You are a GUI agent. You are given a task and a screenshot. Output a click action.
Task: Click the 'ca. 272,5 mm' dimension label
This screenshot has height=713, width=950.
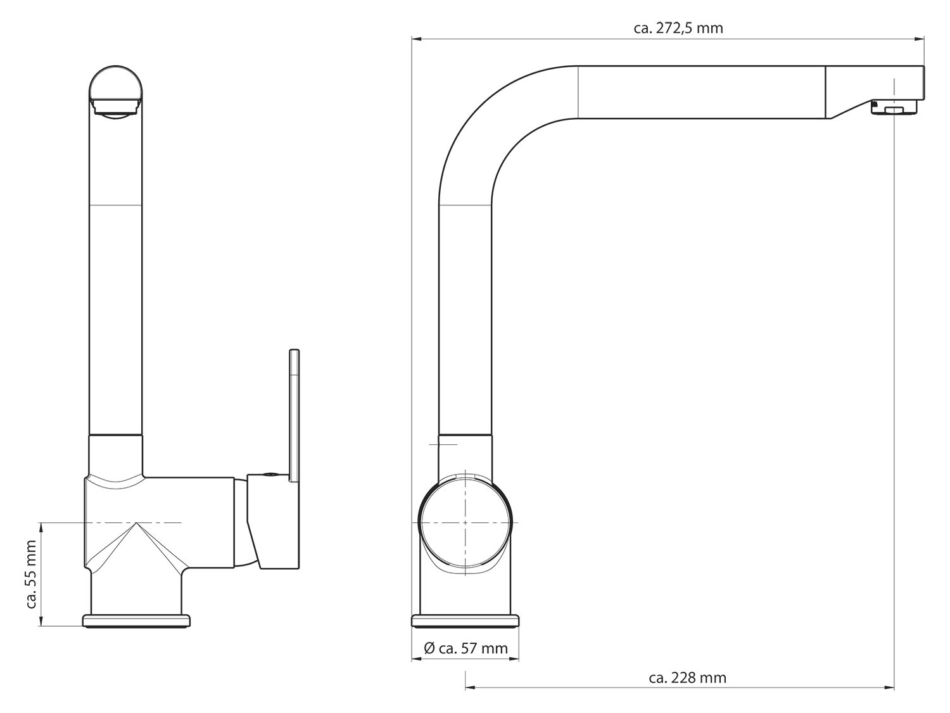[678, 28]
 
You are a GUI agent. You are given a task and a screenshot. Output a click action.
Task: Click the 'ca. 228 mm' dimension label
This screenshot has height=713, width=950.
[687, 678]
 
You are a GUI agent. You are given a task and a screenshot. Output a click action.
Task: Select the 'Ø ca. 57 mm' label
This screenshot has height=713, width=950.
[465, 648]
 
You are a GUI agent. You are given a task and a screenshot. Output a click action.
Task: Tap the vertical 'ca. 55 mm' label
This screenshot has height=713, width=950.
[31, 574]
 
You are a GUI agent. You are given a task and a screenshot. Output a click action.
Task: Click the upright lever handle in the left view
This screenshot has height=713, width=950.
[294, 416]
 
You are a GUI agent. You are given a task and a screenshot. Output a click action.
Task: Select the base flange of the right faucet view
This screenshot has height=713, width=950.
[465, 620]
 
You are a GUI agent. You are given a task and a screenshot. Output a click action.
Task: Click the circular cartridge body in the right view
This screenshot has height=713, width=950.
[465, 522]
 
